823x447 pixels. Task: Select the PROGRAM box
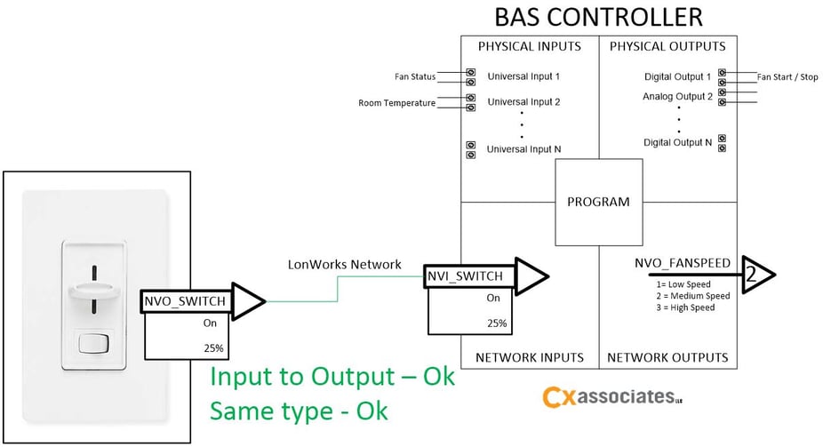tap(598, 202)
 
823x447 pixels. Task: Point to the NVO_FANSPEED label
tap(683, 263)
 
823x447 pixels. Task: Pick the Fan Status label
tap(415, 77)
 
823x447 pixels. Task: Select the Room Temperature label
tap(396, 103)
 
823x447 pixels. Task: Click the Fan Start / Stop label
tap(787, 77)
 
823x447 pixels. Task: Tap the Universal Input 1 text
tap(523, 77)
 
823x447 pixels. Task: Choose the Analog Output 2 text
tap(677, 96)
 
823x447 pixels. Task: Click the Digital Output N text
tap(677, 142)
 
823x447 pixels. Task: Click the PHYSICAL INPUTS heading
tap(529, 46)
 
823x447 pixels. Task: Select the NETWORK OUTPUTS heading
tap(667, 357)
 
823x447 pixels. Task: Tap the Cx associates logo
tap(611, 397)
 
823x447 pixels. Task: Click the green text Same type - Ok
tap(300, 412)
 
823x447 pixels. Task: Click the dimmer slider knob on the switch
tap(92, 289)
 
